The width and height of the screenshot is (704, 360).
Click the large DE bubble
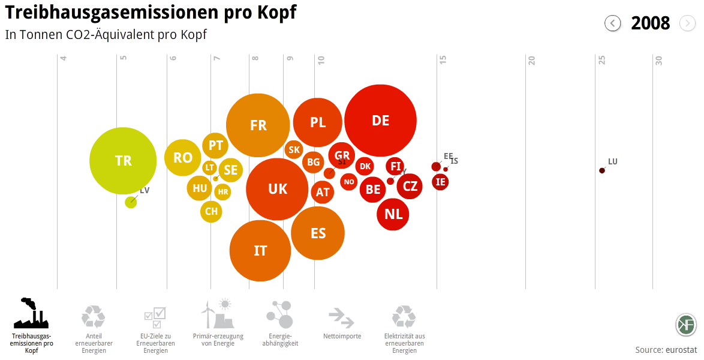point(381,121)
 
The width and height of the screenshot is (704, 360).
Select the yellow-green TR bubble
point(124,161)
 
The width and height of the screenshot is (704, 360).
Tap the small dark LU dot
point(602,170)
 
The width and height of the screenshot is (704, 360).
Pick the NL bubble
point(393,214)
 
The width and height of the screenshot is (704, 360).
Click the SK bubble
point(294,149)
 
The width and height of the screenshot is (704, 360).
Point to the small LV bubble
point(131,202)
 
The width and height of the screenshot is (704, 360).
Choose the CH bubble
point(211,211)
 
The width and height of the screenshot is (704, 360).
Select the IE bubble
point(441,182)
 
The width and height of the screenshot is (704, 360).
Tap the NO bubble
point(349,182)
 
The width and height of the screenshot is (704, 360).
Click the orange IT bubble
point(260,251)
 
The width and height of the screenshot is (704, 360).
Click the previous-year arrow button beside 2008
point(612,23)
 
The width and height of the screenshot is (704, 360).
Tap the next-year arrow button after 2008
point(687,23)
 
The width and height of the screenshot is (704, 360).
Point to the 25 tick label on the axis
point(601,60)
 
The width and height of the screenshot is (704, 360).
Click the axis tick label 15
point(443,60)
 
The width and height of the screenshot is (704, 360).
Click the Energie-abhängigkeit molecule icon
point(279,314)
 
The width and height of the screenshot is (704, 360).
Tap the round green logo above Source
point(686,325)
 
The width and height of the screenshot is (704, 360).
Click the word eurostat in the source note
point(681,350)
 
